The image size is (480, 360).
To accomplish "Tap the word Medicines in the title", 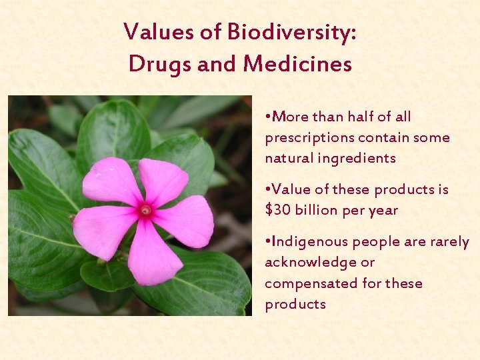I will click(297, 64).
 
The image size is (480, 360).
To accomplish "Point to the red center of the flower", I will click(145, 211).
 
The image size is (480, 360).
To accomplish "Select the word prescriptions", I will click(309, 138).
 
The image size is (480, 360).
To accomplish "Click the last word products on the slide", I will click(295, 305).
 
